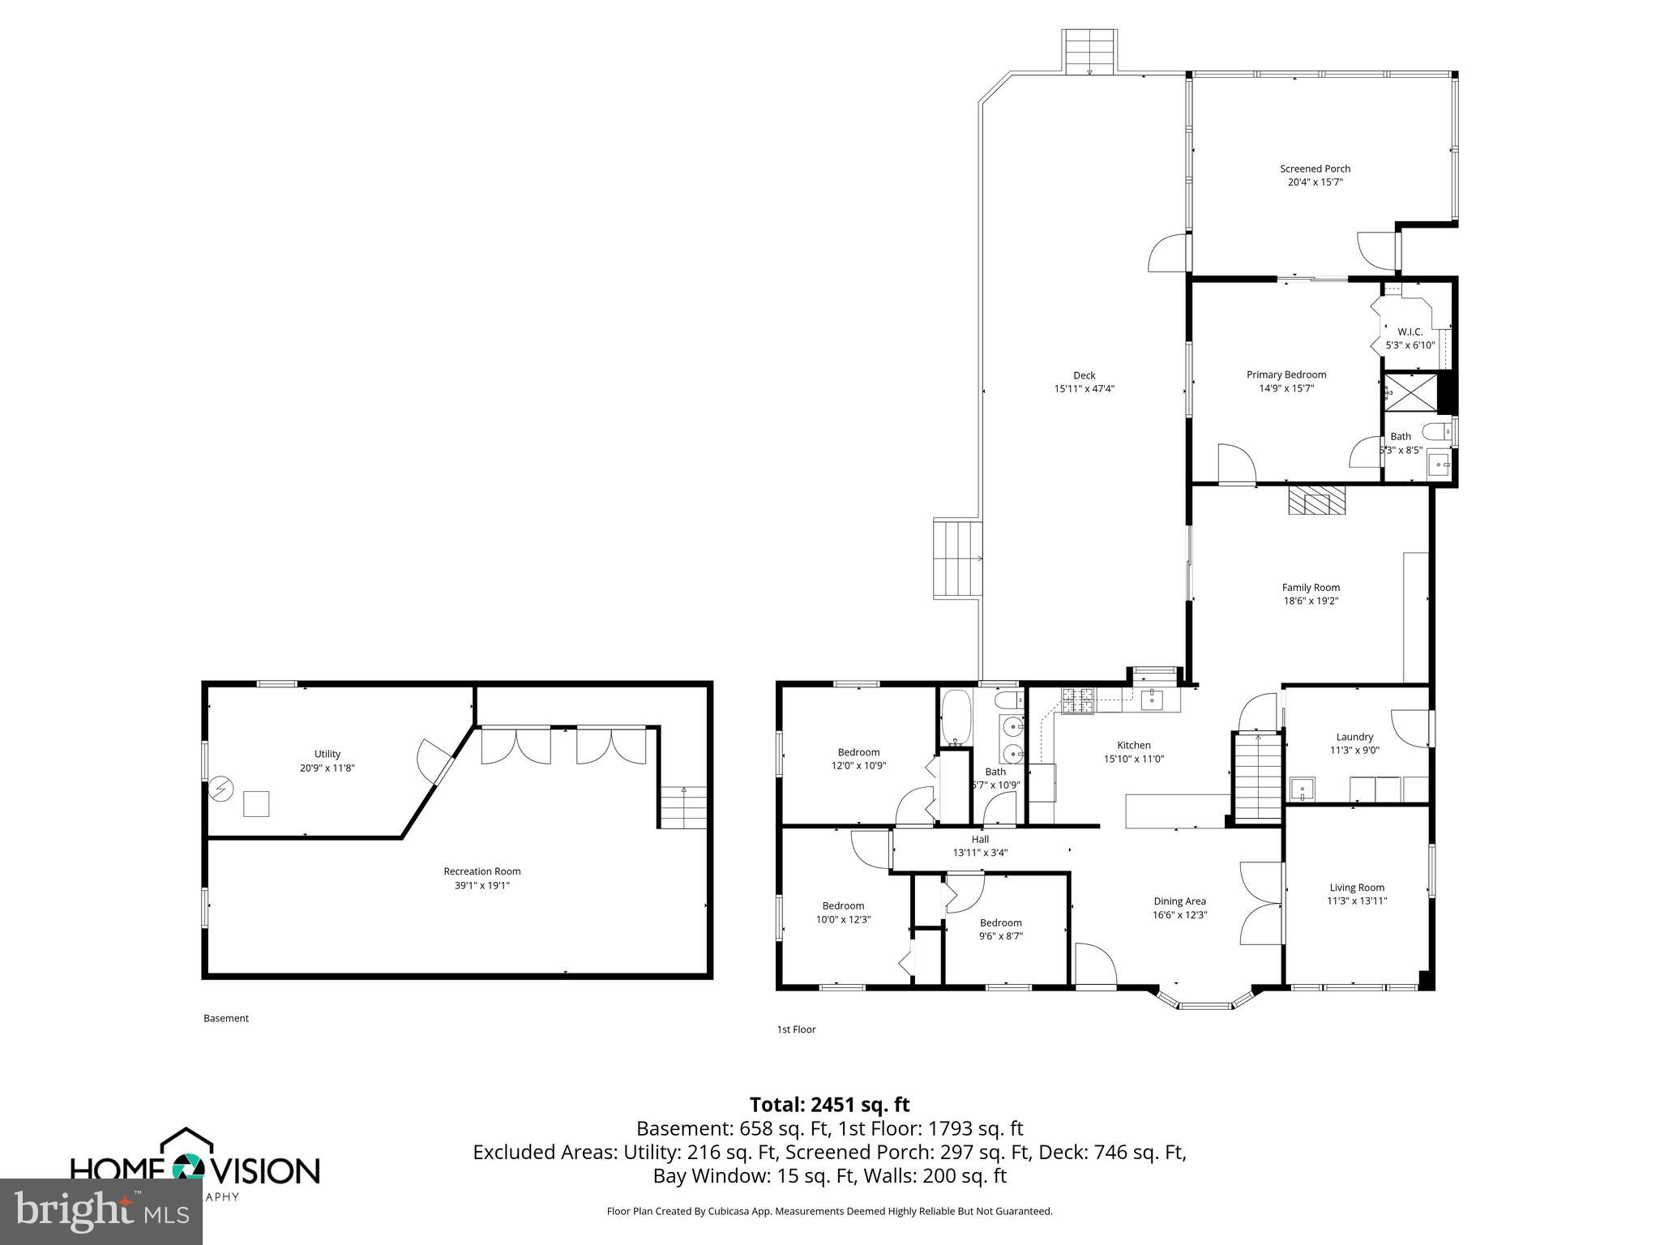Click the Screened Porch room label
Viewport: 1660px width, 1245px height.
[x=1315, y=169]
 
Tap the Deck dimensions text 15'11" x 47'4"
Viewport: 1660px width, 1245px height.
[x=1084, y=388]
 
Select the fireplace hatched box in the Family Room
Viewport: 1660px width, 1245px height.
[x=1316, y=500]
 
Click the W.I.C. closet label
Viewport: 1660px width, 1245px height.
[x=1410, y=332]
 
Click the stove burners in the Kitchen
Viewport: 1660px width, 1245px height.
[x=1077, y=700]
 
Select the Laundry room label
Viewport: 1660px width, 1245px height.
[x=1354, y=737]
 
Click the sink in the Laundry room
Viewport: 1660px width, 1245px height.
[x=1302, y=788]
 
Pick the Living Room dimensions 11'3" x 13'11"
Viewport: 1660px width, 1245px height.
[x=1356, y=901]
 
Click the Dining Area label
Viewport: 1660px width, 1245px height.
[x=1179, y=901]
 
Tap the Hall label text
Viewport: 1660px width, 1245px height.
[x=980, y=839]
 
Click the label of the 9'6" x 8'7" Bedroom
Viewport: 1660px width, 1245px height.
[x=1000, y=922]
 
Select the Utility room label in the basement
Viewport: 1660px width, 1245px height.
[x=327, y=754]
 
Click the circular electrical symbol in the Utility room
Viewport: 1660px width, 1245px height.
[x=220, y=789]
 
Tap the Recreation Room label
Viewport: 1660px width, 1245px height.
[x=481, y=871]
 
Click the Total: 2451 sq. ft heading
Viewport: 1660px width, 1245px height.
[x=829, y=1104]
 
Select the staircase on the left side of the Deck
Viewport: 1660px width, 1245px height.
[x=957, y=559]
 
